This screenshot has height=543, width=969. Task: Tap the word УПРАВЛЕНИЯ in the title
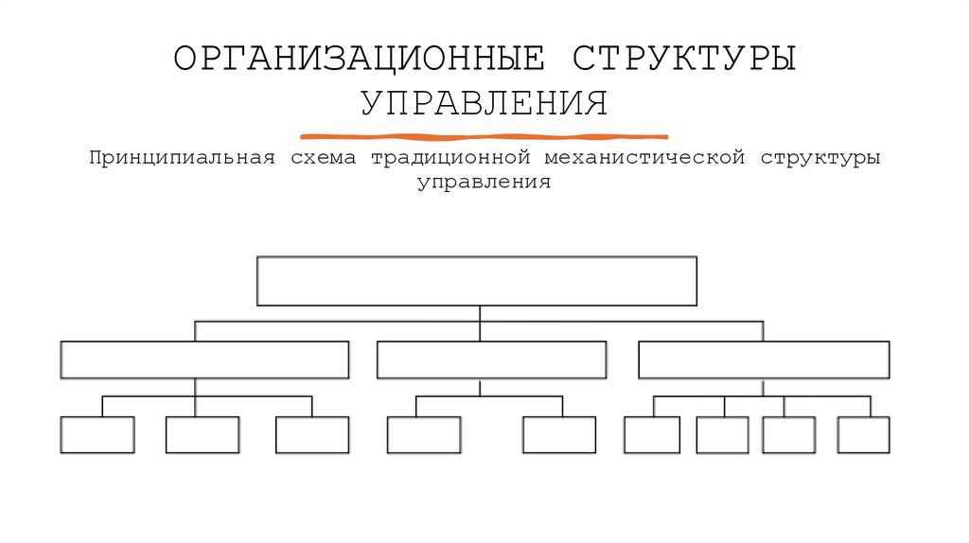pos(484,103)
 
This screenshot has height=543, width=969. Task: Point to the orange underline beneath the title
pos(484,136)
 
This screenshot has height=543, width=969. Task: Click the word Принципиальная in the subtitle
pos(183,157)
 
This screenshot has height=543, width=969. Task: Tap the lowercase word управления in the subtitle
pos(484,182)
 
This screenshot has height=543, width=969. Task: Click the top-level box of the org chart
pos(477,280)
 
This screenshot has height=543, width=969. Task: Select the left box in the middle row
pos(204,359)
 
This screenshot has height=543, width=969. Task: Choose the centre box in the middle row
pos(491,359)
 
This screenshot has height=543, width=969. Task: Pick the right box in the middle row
pos(764,359)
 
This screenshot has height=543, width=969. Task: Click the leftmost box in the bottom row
pos(97,434)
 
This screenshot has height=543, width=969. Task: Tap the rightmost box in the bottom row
pos(863,434)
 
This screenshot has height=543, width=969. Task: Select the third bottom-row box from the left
pos(312,434)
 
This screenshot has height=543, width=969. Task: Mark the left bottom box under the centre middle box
pos(424,434)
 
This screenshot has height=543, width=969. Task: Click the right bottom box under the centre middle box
pos(559,434)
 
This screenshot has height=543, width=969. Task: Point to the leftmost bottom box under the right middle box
pos(652,434)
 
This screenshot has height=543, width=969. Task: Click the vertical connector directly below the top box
pos(480,314)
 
